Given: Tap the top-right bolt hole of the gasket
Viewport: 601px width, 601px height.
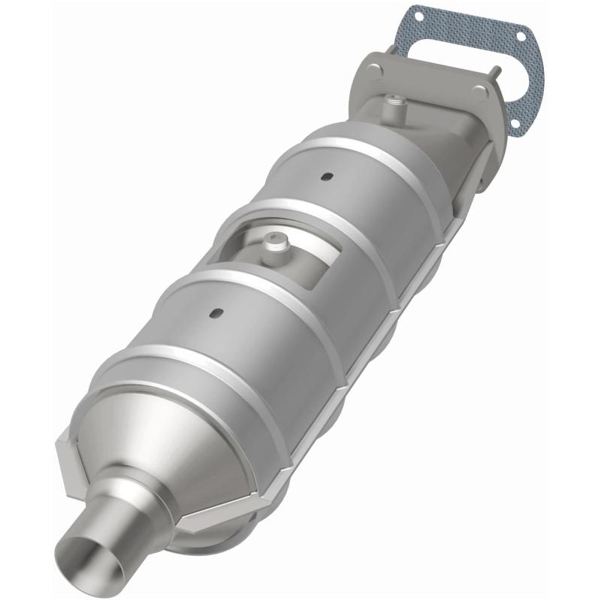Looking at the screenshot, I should click(520, 34).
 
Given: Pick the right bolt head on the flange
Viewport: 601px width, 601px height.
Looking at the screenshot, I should click(479, 92).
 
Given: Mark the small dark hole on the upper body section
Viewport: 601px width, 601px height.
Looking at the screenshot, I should click(328, 177).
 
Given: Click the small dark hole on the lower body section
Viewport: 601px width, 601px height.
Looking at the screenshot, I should click(215, 313).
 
